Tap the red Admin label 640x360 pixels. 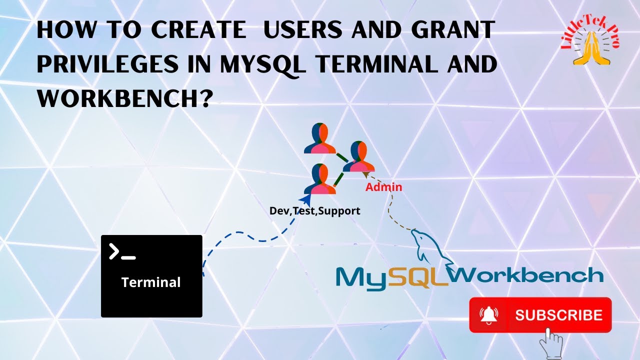pyautogui.click(x=383, y=187)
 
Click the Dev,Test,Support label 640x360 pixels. pyautogui.click(x=314, y=211)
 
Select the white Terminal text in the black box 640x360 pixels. pyautogui.click(x=151, y=282)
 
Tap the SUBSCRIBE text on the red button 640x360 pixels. pyautogui.click(x=558, y=315)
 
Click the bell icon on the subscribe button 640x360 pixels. pyautogui.click(x=488, y=314)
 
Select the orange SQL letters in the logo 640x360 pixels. pyautogui.click(x=418, y=278)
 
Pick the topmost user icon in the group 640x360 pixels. pyautogui.click(x=319, y=138)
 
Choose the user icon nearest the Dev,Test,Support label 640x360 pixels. pyautogui.click(x=319, y=179)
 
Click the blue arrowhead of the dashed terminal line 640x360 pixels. pyautogui.click(x=300, y=200)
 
